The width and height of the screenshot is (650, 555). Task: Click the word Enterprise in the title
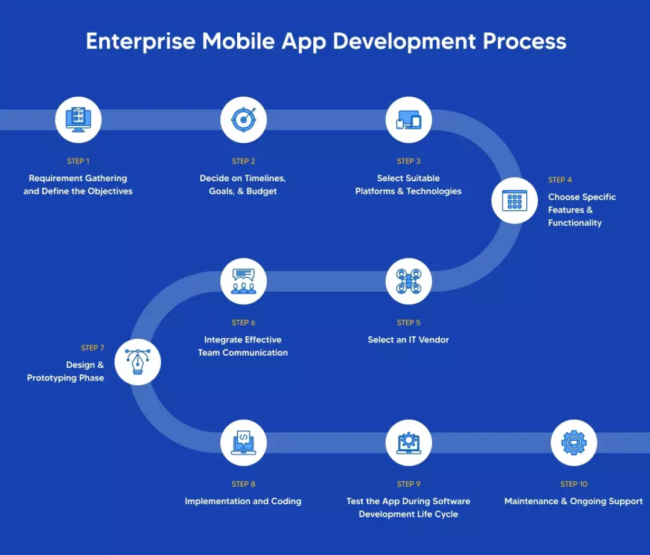141,42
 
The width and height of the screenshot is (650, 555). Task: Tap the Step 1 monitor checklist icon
78,120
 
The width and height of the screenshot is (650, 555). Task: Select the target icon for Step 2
243,120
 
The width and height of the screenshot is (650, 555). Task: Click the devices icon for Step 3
409,120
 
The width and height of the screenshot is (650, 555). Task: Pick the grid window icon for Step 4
514,201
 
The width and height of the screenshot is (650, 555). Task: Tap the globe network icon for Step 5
409,281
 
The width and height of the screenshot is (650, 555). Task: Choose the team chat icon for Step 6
243,281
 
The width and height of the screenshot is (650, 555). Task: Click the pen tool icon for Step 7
138,362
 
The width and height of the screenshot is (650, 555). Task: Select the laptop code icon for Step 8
243,443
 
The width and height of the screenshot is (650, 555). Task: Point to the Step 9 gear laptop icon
409,443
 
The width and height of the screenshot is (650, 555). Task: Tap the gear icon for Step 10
574,443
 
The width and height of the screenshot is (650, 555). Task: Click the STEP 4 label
559,179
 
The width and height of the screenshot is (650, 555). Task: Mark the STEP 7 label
92,348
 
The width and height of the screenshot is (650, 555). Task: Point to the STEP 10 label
574,484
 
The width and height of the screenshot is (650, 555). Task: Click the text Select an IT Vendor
409,340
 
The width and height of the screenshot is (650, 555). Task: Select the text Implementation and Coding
243,501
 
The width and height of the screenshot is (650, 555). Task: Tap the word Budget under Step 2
261,191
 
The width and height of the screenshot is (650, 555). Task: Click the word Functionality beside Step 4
575,223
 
